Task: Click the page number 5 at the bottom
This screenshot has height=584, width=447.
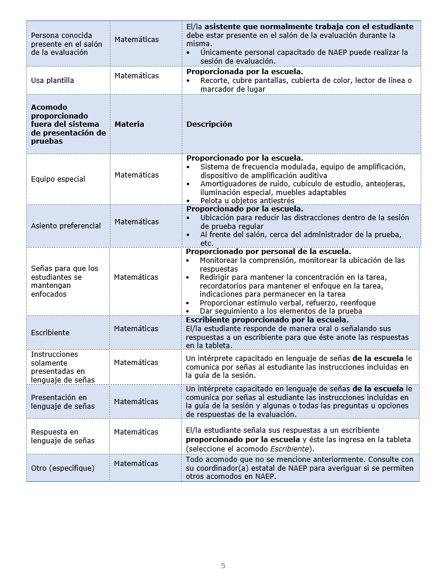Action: point(223,565)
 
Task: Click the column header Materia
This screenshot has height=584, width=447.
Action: point(129,124)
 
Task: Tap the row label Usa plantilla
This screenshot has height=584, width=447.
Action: point(53,81)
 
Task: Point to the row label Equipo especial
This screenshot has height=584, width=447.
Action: point(58,179)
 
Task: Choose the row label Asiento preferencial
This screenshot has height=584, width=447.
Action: point(65,226)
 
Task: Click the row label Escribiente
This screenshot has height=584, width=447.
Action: point(50,333)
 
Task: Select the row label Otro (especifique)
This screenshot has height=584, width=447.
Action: point(63,468)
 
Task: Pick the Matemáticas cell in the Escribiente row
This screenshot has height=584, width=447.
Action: point(136,329)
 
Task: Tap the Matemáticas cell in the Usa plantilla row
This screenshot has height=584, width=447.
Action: point(136,76)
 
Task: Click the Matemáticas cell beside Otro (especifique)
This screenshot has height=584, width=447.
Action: point(136,464)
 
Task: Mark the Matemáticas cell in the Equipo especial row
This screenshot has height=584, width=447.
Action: point(136,175)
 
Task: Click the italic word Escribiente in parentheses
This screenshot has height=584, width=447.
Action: point(292,449)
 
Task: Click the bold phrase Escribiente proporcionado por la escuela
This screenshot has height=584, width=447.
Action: point(267,320)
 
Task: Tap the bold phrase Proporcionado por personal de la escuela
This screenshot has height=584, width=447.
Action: point(268,252)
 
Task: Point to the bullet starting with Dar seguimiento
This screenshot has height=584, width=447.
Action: point(280,311)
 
